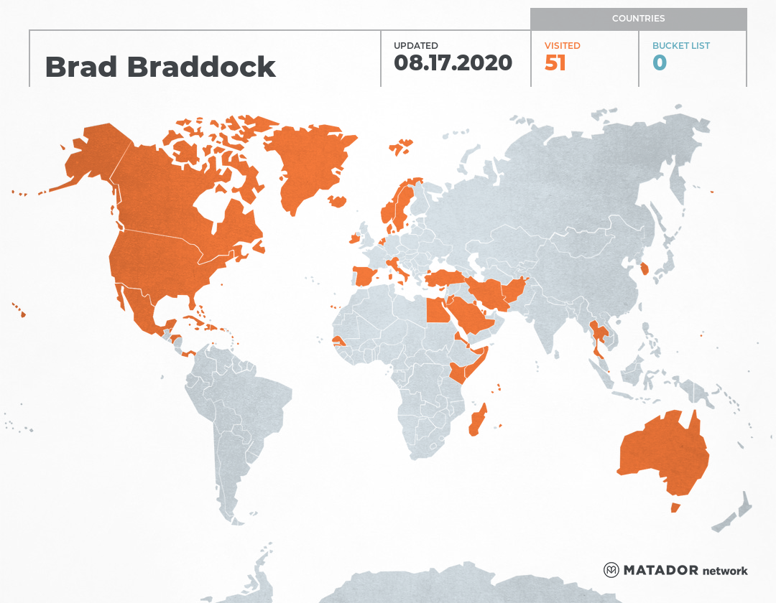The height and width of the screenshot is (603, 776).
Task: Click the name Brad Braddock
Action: click(160, 67)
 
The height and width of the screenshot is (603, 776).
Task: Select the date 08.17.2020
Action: click(453, 63)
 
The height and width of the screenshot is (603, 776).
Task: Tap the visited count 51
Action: click(555, 63)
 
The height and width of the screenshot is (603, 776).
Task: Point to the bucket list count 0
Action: click(660, 63)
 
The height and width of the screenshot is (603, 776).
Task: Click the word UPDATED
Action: click(415, 46)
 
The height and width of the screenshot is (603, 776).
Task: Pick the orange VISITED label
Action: click(563, 46)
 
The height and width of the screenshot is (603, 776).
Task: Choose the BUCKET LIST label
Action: click(680, 46)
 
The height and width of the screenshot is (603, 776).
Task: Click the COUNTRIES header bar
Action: click(638, 19)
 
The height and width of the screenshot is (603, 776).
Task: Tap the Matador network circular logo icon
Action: click(611, 570)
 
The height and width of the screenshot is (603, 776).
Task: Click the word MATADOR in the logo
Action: click(660, 571)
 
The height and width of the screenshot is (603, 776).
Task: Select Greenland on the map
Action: click(305, 165)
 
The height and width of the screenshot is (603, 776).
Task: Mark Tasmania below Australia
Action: click(675, 508)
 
